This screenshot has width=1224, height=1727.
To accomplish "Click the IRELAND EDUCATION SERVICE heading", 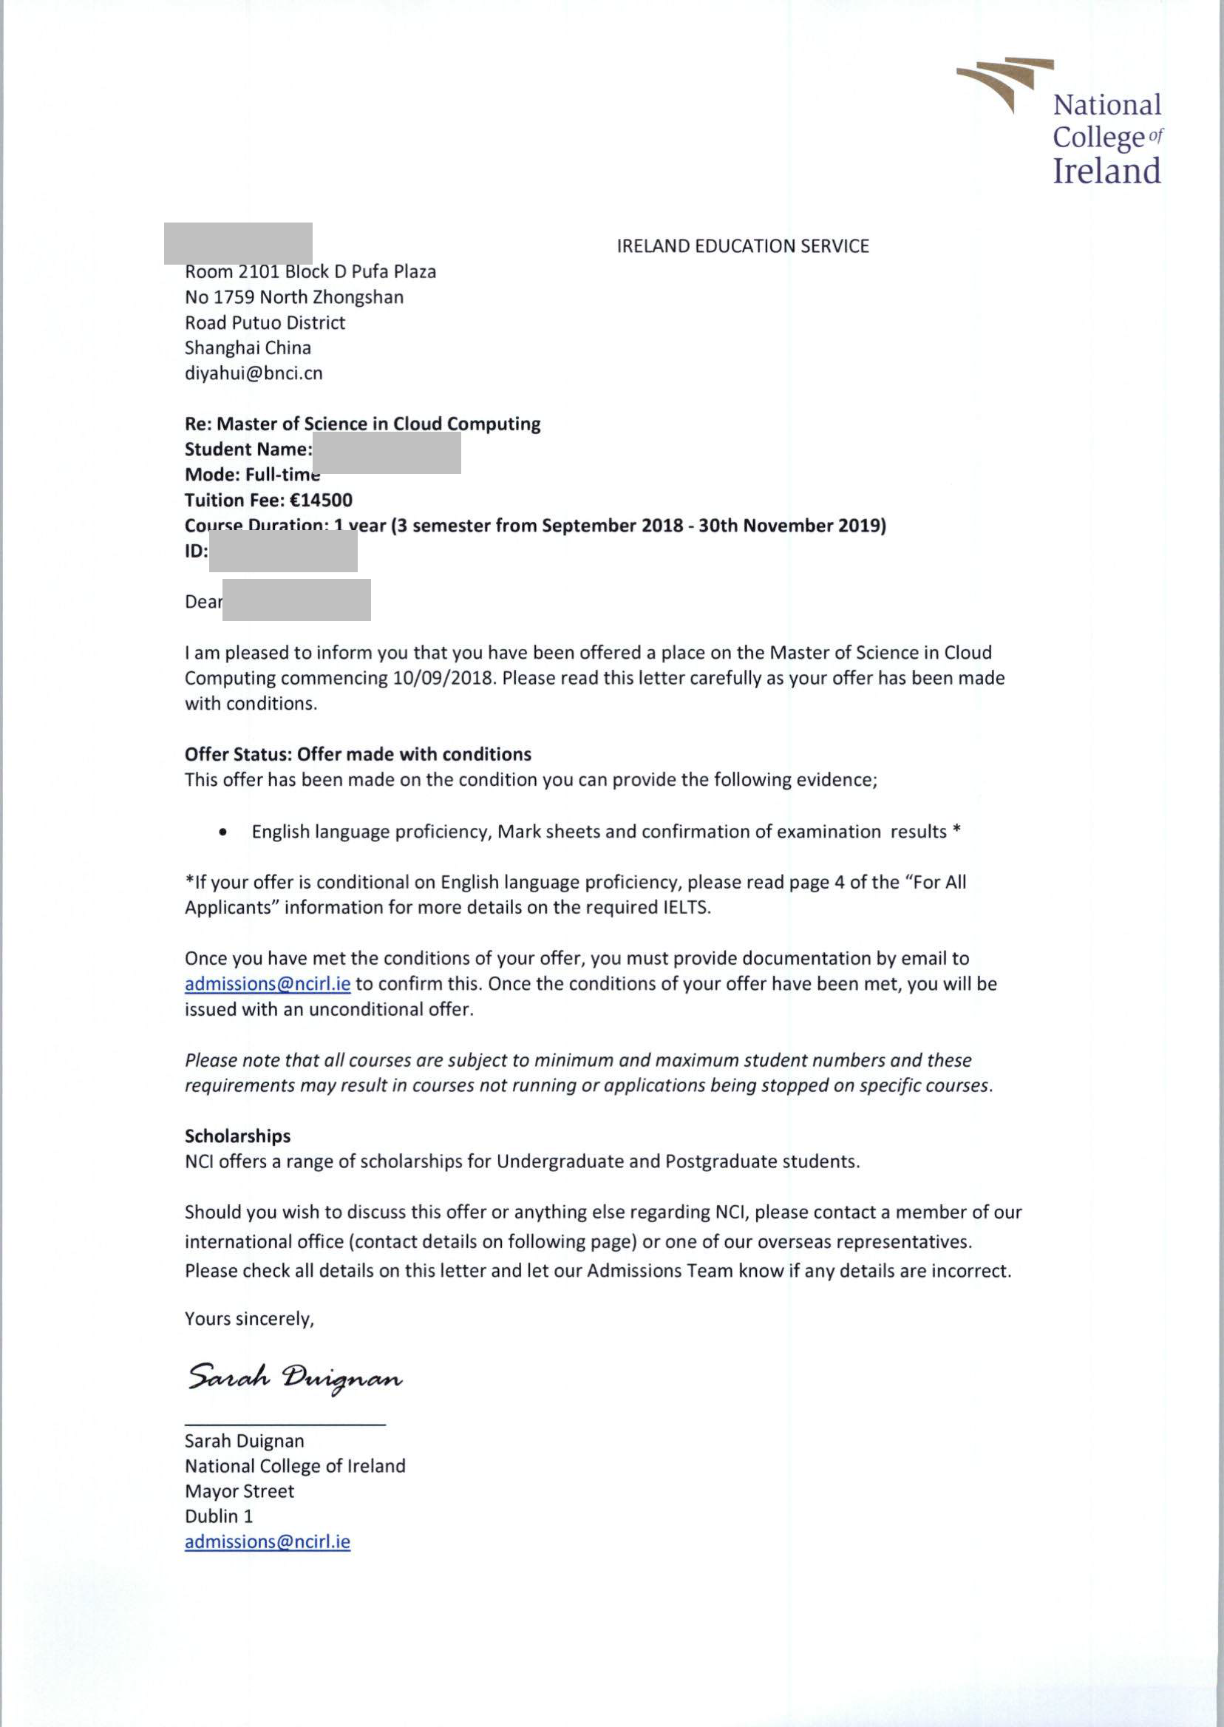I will [x=742, y=246].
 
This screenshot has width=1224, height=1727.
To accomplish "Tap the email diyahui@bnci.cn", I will [x=254, y=373].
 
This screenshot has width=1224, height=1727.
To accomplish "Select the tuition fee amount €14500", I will [x=321, y=501].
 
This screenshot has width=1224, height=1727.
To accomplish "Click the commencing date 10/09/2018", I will [x=444, y=678].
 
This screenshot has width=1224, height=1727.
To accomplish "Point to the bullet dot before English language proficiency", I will [x=222, y=833].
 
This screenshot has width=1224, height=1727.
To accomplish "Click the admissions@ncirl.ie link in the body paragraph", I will [x=268, y=985].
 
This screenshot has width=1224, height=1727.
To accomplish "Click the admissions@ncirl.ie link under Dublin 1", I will [x=268, y=1541].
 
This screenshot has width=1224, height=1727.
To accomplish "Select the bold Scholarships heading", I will [x=237, y=1136].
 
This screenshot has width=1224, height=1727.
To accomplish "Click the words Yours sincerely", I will [x=249, y=1319].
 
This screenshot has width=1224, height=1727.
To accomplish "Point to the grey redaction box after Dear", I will [x=296, y=600].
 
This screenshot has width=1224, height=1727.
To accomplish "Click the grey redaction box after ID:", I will [x=282, y=551].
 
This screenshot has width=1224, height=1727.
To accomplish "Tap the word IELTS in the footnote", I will [x=686, y=908].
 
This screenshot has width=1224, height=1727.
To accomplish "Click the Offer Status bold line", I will [x=358, y=755].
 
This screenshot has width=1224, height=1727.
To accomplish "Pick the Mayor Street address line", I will [x=239, y=1491].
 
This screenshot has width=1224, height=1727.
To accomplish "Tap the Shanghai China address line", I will [x=247, y=348].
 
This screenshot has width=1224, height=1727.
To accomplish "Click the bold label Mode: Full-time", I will [x=252, y=475].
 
